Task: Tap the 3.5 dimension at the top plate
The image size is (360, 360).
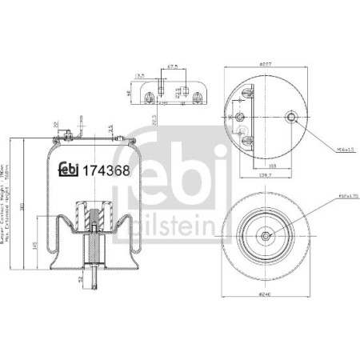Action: coord(110,128)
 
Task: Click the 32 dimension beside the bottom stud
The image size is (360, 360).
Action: coord(81,279)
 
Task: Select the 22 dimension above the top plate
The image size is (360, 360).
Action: coord(54,126)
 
